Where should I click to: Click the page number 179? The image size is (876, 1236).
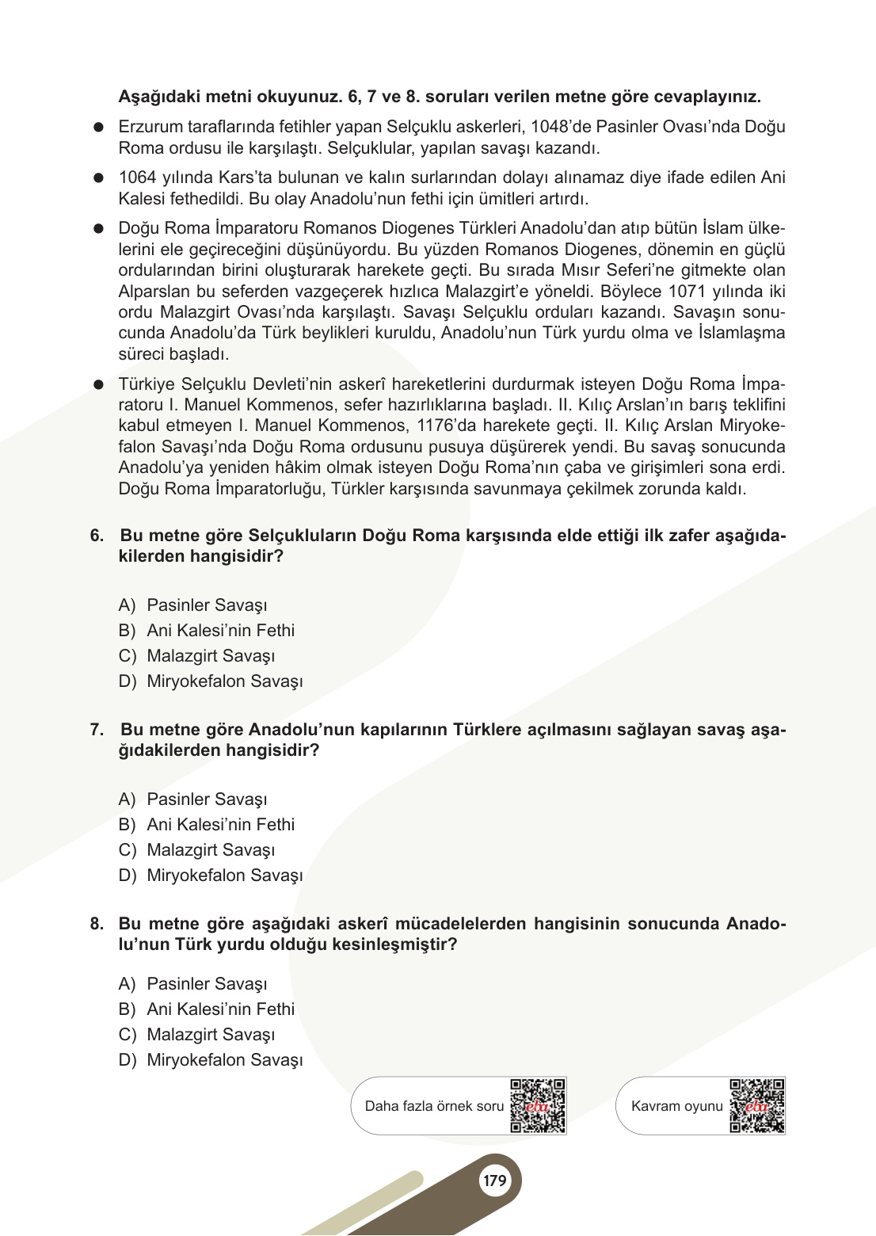(495, 1181)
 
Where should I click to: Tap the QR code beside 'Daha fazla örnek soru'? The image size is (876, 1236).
(538, 1105)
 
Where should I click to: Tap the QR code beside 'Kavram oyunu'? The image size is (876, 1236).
(757, 1105)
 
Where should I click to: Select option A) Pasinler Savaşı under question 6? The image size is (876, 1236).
(192, 605)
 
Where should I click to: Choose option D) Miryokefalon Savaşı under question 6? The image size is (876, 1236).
(211, 681)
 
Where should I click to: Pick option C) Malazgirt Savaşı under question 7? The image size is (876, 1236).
(196, 850)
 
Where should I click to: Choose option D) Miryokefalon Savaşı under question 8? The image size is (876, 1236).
(211, 1060)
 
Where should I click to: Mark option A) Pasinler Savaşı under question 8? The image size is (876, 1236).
(192, 984)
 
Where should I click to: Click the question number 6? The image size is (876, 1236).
(97, 536)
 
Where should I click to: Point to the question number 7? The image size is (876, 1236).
(97, 730)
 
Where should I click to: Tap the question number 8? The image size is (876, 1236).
(97, 924)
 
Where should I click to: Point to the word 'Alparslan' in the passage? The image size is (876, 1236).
(155, 292)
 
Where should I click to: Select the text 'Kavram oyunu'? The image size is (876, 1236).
(676, 1106)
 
